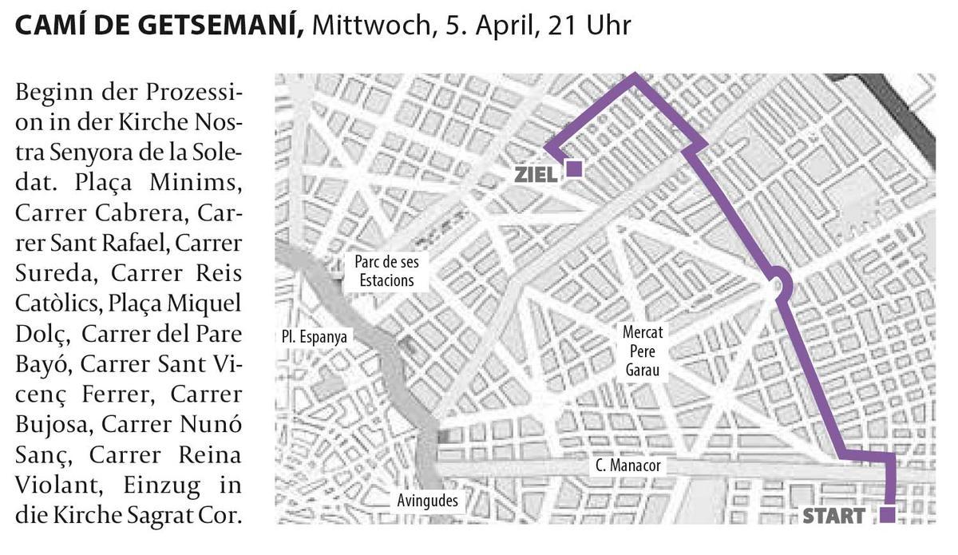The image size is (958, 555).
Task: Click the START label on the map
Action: (x=833, y=516)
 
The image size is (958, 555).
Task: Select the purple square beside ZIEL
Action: (x=574, y=168)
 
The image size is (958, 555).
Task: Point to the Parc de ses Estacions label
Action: (x=386, y=271)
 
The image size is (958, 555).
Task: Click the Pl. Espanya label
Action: (x=315, y=336)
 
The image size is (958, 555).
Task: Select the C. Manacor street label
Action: (x=628, y=466)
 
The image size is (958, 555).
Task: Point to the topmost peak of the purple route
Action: (x=635, y=76)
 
